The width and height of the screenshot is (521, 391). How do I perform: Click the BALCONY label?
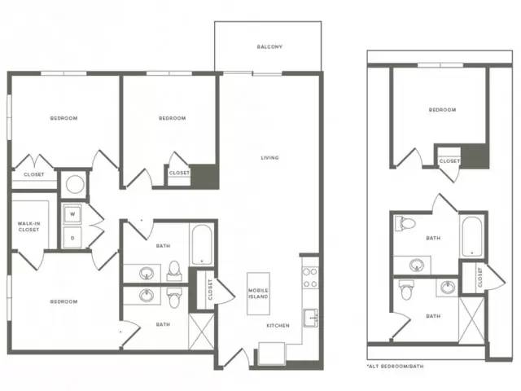[269, 47]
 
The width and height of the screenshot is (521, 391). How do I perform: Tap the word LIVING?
[269, 157]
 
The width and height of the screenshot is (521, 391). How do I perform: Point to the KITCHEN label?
[278, 326]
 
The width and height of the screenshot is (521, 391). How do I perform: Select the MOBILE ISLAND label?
[258, 293]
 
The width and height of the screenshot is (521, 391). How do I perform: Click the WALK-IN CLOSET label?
[28, 226]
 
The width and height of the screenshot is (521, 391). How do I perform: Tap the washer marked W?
[72, 214]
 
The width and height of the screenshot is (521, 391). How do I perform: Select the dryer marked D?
[72, 237]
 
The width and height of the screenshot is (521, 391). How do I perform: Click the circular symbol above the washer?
[75, 184]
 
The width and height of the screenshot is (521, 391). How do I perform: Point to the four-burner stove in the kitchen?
[310, 278]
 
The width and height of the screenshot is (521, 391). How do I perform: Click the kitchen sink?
[311, 318]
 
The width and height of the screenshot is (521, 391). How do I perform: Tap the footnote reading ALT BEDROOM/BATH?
[395, 366]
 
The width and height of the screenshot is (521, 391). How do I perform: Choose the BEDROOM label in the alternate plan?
[442, 110]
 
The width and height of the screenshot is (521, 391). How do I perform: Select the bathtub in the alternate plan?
[472, 237]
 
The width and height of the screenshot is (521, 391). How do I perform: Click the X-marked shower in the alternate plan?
[471, 320]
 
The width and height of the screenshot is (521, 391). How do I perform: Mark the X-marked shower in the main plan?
[201, 331]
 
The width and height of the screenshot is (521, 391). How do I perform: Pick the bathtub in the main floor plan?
[201, 244]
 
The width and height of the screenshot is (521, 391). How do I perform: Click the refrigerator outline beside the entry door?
[271, 354]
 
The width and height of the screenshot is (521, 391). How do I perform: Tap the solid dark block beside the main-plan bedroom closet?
[204, 176]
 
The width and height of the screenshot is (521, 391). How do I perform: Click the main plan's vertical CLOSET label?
[210, 290]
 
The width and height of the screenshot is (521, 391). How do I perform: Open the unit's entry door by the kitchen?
[237, 358]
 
